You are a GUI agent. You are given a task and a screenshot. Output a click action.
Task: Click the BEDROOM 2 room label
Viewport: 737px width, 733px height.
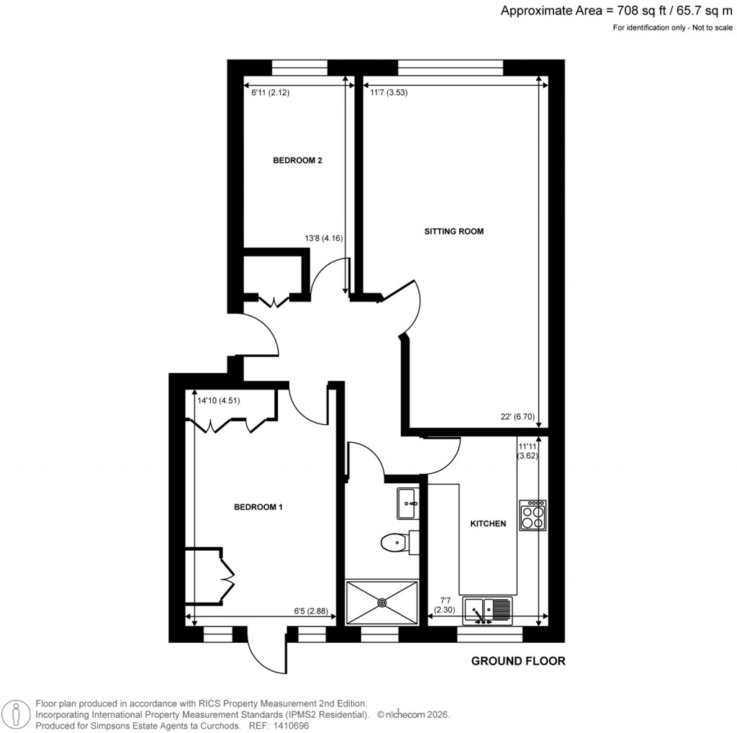[297, 161]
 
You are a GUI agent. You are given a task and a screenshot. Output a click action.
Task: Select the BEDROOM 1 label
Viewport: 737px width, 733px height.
[258, 507]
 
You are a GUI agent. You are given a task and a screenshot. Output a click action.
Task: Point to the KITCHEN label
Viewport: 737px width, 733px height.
[488, 524]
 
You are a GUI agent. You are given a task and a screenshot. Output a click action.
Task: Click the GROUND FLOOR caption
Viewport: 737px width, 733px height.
[518, 661]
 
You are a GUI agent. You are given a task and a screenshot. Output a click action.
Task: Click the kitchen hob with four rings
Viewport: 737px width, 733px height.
[533, 515]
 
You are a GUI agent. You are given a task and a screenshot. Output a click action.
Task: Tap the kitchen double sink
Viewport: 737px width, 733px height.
[487, 611]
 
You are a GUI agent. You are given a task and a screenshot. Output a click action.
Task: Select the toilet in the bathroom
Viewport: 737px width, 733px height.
[395, 541]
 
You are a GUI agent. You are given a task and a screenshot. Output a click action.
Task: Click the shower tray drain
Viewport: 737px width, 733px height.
[381, 602]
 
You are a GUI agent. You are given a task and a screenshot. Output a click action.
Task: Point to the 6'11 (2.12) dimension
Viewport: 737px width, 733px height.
[270, 92]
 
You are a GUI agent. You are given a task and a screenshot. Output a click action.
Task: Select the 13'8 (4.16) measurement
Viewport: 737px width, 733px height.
[325, 238]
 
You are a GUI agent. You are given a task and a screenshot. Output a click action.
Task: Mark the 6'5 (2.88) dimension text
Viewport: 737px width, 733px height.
[311, 611]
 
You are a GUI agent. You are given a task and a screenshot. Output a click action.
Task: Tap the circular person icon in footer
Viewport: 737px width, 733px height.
[16, 714]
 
